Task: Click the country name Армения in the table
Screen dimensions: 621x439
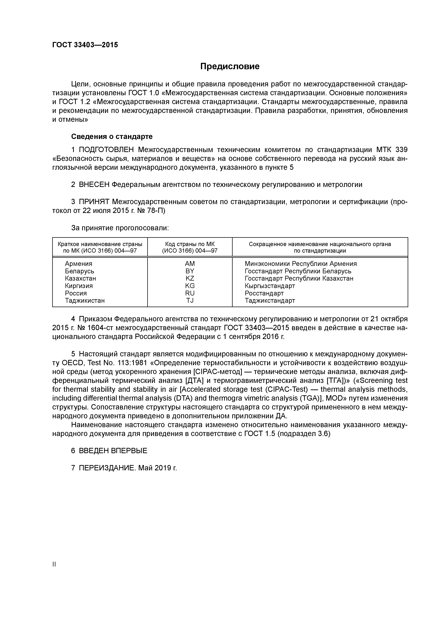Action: coord(78,264)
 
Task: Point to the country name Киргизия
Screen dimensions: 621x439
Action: coord(79,286)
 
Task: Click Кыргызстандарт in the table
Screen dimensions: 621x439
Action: coord(270,286)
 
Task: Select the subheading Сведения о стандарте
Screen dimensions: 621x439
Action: coord(112,137)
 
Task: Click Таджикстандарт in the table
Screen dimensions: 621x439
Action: coord(270,300)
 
